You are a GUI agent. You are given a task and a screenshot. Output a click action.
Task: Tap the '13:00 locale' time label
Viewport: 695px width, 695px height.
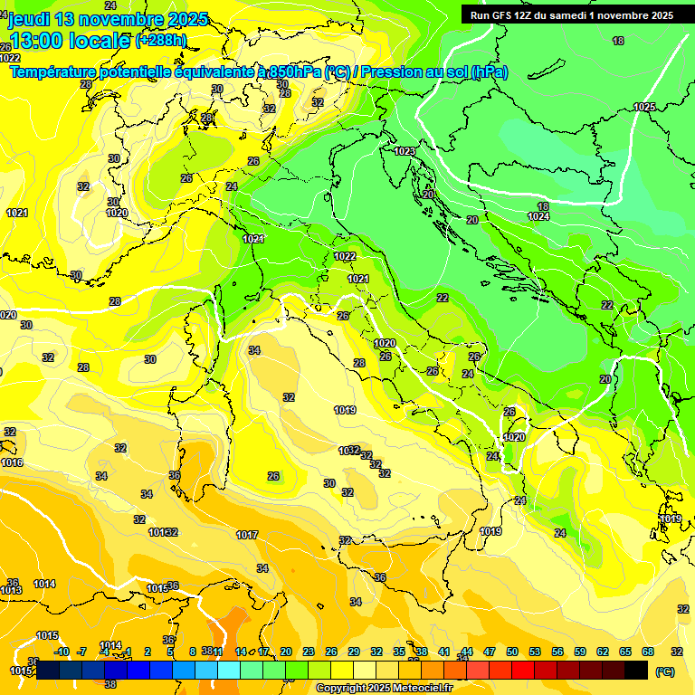[71, 40]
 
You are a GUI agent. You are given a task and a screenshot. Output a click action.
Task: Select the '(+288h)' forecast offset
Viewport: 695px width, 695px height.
[160, 41]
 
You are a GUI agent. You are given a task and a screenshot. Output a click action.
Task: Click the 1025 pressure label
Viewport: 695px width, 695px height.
[644, 107]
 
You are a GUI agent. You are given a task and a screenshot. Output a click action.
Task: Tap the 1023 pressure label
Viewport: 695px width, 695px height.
[405, 151]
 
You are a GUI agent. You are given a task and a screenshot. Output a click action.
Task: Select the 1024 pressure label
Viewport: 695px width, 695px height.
[538, 216]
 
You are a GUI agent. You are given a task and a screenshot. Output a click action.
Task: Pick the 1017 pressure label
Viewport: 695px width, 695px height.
[247, 535]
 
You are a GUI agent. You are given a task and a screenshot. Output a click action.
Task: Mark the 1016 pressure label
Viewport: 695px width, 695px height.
[12, 462]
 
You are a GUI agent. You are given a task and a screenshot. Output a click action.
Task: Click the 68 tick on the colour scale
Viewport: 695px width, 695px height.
[648, 652]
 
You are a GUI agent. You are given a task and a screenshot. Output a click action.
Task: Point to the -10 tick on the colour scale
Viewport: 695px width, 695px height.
[62, 652]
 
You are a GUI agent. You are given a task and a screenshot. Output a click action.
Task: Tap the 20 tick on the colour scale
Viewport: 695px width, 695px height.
[285, 652]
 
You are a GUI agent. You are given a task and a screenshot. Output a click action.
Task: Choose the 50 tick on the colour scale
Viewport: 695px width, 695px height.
[512, 652]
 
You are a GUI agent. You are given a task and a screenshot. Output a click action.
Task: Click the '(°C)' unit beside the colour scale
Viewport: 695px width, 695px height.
[665, 671]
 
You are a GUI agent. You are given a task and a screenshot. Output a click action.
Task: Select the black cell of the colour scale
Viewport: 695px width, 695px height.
[636, 670]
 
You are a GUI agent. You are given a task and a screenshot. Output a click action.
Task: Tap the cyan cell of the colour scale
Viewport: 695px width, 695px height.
[229, 670]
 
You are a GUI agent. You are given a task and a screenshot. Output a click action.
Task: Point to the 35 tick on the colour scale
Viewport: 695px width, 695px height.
[399, 652]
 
